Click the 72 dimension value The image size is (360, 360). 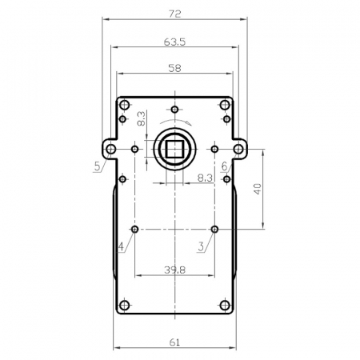(174, 14)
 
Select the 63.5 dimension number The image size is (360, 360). (174, 42)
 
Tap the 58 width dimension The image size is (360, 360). (174, 68)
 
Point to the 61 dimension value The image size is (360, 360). (174, 342)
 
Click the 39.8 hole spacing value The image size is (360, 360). (174, 270)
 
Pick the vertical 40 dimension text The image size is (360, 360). (258, 189)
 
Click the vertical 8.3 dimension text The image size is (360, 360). (141, 118)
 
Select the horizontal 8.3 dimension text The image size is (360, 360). (205, 178)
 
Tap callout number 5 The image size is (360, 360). (98, 166)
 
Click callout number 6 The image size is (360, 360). (225, 166)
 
